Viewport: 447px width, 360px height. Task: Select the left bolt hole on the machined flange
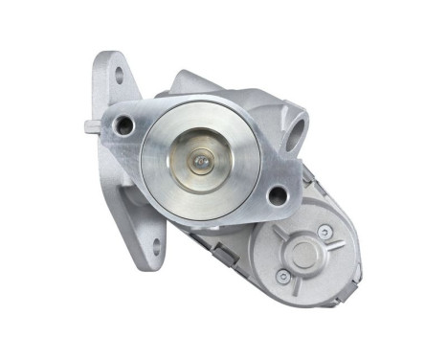[x=122, y=124]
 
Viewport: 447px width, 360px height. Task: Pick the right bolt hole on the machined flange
[x=278, y=196]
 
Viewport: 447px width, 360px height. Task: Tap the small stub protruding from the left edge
[x=88, y=126]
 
